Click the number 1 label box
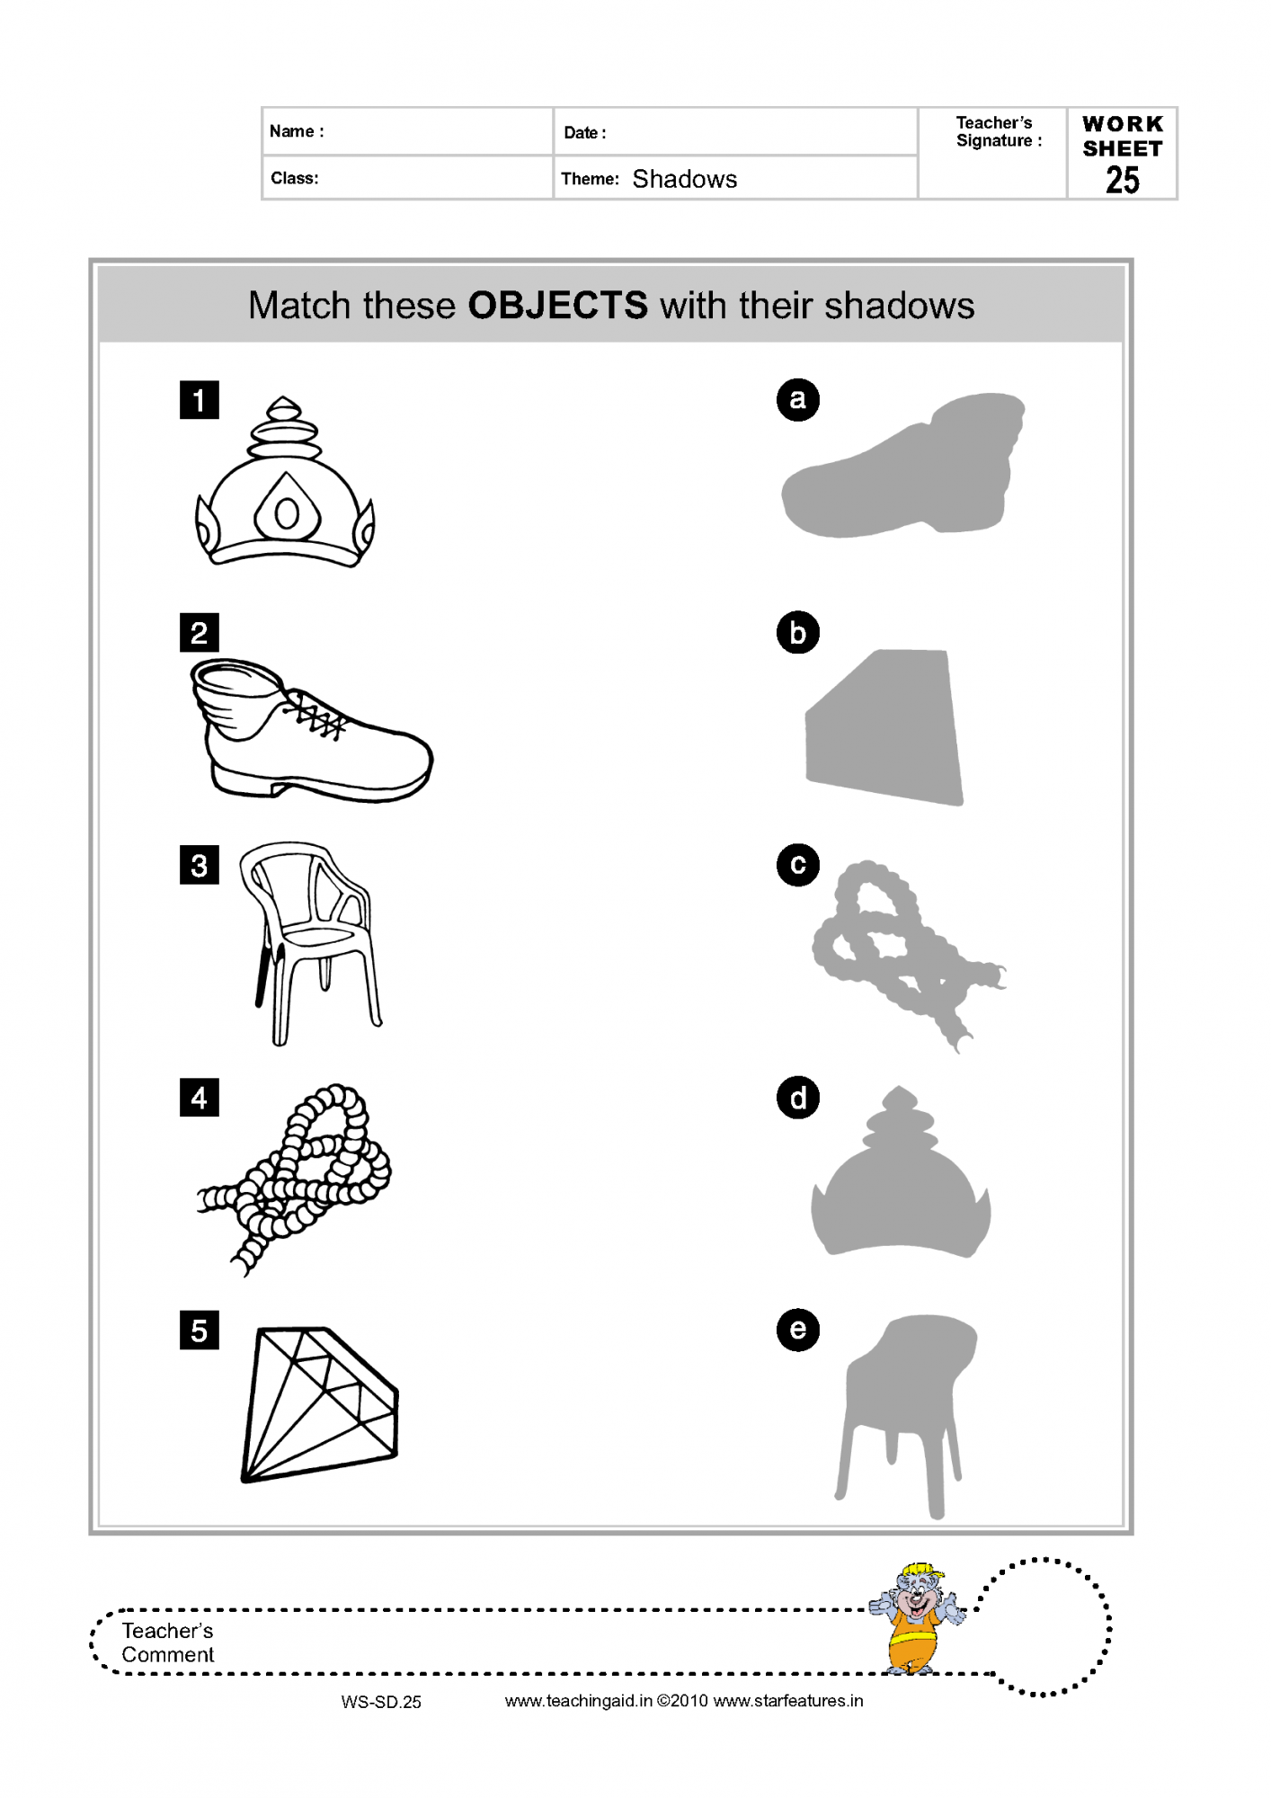(200, 400)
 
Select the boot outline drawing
(311, 730)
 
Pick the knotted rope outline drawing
(295, 1179)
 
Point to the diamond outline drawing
(319, 1404)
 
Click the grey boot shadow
(902, 466)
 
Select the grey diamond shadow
(884, 727)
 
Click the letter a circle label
(798, 400)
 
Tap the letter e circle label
(798, 1330)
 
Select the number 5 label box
(200, 1330)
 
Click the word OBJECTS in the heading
(558, 306)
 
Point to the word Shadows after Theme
(685, 179)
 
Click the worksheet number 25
(1123, 180)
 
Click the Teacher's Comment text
(168, 1642)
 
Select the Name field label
(297, 131)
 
